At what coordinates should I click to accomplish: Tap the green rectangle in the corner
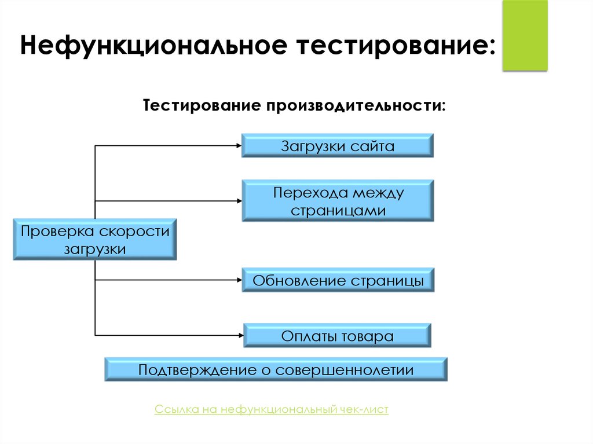click(525, 36)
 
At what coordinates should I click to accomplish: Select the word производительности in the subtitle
click(356, 107)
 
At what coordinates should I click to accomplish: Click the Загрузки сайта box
click(338, 146)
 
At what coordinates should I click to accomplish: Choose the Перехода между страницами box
click(338, 200)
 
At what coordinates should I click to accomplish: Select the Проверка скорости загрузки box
click(96, 240)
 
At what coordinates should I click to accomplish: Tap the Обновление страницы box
click(338, 281)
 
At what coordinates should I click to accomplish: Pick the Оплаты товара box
click(338, 336)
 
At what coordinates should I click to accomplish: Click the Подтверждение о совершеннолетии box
click(276, 369)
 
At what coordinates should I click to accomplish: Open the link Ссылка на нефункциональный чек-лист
click(272, 410)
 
